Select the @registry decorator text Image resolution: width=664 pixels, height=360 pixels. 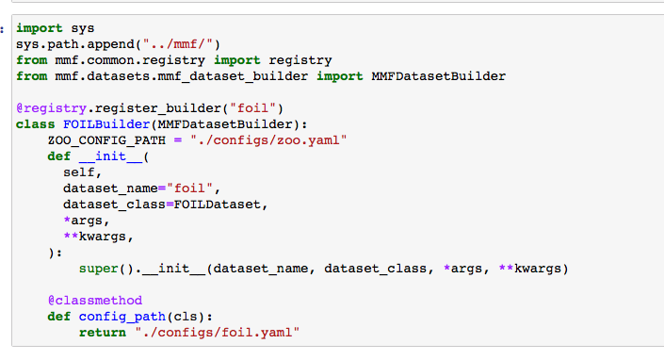(47, 106)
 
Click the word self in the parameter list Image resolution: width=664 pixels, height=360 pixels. (78, 172)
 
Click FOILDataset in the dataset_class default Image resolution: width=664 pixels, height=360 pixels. (218, 204)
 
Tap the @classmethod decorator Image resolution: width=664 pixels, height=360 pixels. (89, 301)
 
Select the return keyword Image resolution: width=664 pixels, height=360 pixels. (102, 333)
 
